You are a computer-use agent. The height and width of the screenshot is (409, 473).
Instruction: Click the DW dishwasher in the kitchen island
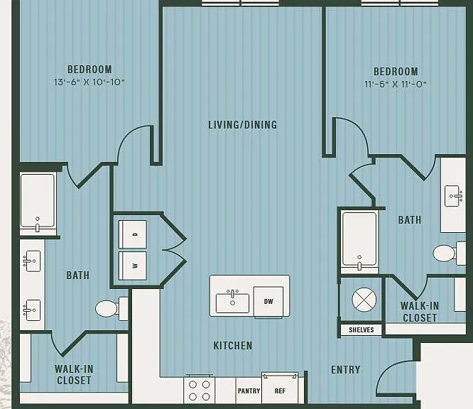click(x=268, y=302)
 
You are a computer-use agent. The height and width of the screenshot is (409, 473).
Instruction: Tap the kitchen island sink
click(x=232, y=302)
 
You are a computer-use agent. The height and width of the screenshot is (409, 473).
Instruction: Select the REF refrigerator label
click(x=280, y=391)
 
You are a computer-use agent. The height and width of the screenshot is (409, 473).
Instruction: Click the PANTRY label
click(x=249, y=391)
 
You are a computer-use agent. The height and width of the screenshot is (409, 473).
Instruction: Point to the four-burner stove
click(x=199, y=391)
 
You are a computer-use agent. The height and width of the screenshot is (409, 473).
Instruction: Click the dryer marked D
click(x=133, y=234)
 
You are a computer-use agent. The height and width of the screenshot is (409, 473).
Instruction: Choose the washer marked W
click(x=133, y=266)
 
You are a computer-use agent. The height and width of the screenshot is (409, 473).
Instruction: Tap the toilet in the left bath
click(x=112, y=309)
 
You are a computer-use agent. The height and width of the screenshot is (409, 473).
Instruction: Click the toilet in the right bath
click(x=450, y=253)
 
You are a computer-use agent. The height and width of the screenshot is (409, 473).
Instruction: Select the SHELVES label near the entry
click(x=361, y=330)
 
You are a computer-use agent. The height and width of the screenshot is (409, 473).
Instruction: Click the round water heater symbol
click(x=364, y=300)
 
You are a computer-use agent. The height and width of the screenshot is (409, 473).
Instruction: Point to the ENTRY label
click(x=346, y=370)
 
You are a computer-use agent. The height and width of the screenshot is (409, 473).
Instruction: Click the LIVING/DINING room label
click(x=242, y=125)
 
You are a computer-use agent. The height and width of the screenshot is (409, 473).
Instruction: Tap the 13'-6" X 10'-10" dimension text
click(x=89, y=82)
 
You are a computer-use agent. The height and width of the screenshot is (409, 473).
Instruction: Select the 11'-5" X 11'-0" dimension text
click(x=396, y=84)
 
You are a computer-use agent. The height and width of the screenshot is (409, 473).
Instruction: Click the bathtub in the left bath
click(x=38, y=203)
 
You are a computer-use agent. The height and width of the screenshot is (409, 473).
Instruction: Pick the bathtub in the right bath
click(x=359, y=241)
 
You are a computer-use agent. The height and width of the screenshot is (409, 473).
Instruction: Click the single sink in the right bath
click(x=454, y=196)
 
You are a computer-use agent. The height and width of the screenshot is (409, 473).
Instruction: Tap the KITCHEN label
click(x=233, y=346)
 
